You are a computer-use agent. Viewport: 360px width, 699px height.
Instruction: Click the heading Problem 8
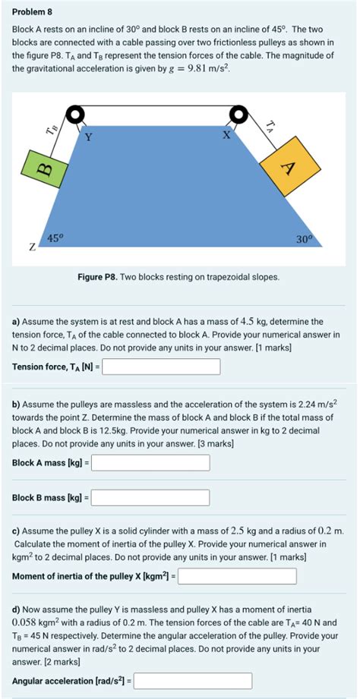pyautogui.click(x=29, y=12)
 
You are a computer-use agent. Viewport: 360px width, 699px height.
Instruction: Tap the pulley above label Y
pyautogui.click(x=76, y=115)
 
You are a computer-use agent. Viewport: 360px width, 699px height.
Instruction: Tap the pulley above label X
pyautogui.click(x=239, y=115)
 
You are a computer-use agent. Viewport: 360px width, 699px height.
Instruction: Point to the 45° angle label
pyautogui.click(x=55, y=238)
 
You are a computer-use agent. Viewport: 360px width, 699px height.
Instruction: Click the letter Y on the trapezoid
pyautogui.click(x=88, y=137)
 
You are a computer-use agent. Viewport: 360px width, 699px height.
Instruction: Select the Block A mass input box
pyautogui.click(x=150, y=461)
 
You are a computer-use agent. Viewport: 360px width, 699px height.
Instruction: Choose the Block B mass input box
pyautogui.click(x=150, y=498)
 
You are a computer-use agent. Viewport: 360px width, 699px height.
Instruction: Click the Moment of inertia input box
pyautogui.click(x=237, y=577)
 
